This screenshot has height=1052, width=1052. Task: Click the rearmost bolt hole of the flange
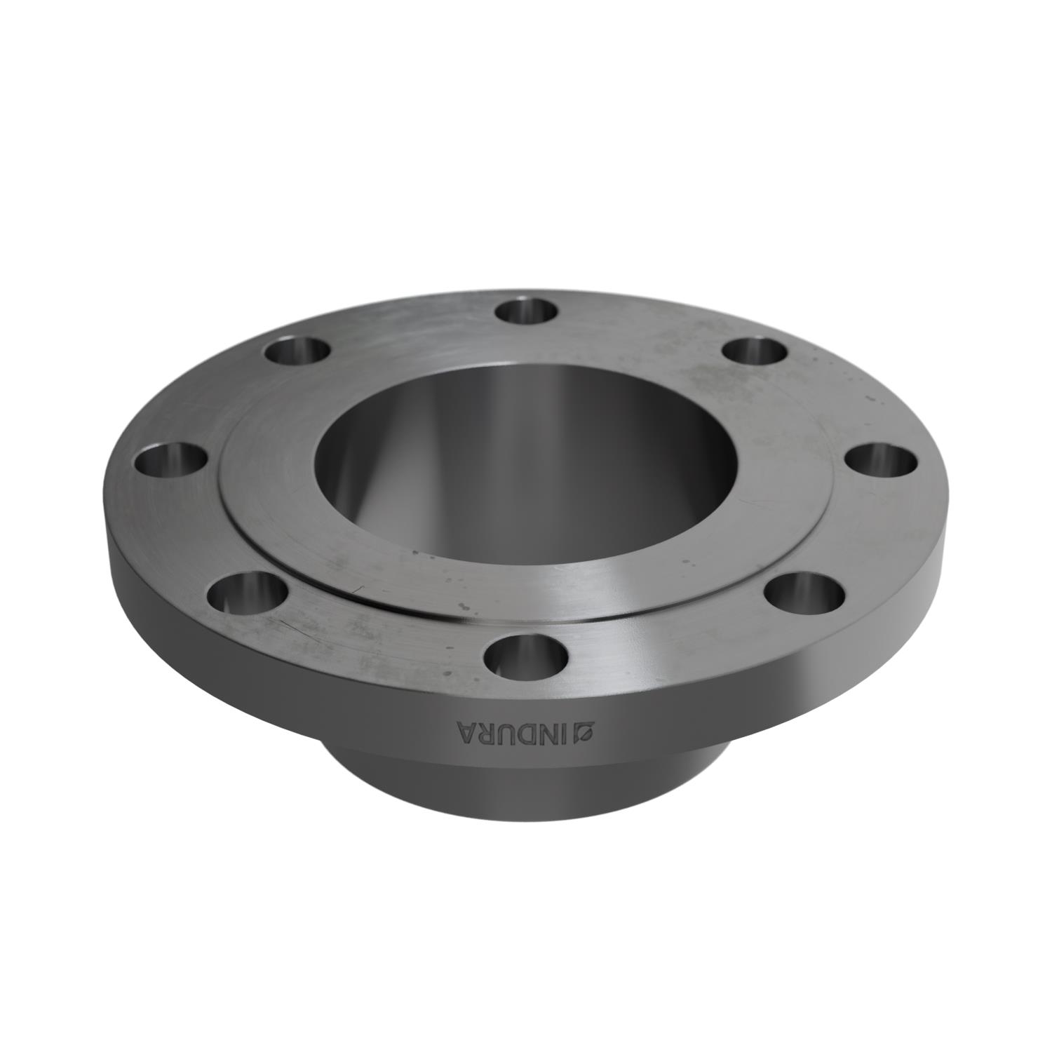[525, 311]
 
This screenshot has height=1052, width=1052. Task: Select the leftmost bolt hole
[170, 461]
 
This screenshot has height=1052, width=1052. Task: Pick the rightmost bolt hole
[881, 461]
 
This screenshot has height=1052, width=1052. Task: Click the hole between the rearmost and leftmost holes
[297, 351]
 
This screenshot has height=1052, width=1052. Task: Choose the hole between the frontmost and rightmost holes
[804, 593]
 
